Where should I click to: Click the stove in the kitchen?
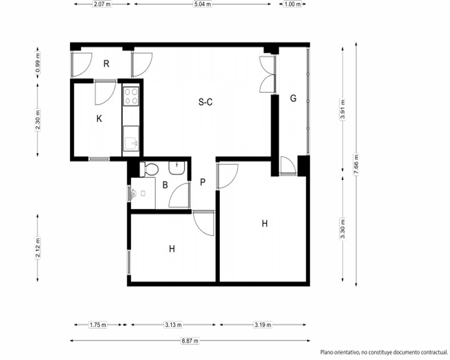(x=131, y=96)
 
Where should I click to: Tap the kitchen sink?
(x=131, y=138)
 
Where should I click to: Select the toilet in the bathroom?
(x=149, y=169)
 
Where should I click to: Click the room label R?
(x=107, y=64)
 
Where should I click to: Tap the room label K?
(x=99, y=118)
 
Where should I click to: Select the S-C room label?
(x=206, y=102)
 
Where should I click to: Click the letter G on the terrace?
(x=293, y=99)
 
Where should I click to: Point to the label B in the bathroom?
(x=165, y=185)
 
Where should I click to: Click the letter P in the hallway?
(x=203, y=182)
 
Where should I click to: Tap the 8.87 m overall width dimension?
(x=190, y=341)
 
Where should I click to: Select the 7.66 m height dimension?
(x=356, y=164)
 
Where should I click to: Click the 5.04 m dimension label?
(x=202, y=4)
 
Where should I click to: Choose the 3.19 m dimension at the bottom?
(x=263, y=325)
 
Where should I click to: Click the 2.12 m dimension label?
(x=38, y=248)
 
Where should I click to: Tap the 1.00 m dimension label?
(x=292, y=4)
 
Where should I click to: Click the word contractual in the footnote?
(x=433, y=352)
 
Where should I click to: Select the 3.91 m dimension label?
(x=342, y=109)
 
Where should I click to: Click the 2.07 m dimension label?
(x=103, y=4)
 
